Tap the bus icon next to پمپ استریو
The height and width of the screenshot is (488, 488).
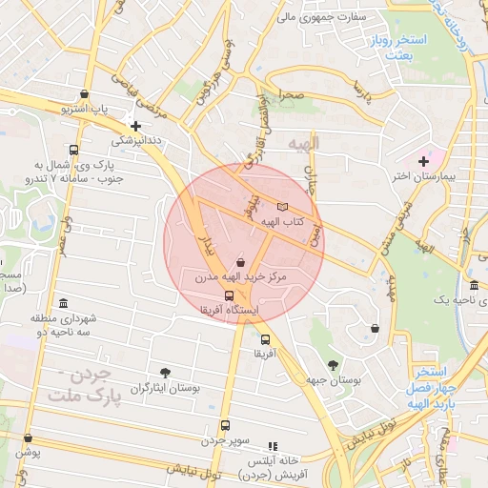(86, 95)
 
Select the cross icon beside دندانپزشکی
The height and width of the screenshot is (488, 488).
(136, 125)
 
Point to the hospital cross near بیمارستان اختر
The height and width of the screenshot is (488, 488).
(423, 161)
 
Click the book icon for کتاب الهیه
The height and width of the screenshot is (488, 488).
(281, 206)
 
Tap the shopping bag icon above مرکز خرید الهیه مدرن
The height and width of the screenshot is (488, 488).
(239, 262)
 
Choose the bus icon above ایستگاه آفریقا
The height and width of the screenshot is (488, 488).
(228, 295)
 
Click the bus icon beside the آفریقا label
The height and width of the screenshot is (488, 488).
(264, 338)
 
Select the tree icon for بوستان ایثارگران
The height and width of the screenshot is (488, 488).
(166, 372)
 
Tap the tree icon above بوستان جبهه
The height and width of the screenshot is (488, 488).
(333, 364)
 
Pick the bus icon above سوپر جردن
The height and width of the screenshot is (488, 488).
(225, 426)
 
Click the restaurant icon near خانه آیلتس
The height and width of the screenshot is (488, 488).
(274, 445)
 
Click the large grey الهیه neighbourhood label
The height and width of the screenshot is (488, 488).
(304, 142)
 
